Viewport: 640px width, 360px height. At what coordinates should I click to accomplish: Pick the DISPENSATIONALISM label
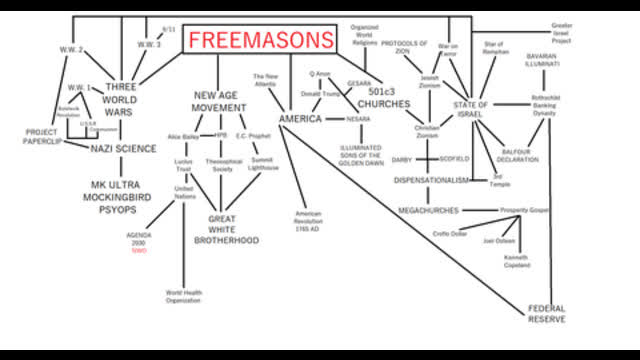[x=431, y=181]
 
